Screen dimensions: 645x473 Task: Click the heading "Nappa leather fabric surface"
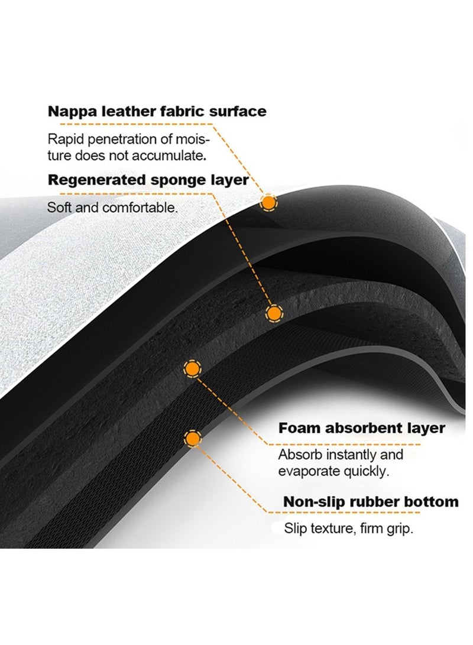tap(157, 111)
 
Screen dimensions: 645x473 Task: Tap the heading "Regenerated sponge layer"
tap(148, 180)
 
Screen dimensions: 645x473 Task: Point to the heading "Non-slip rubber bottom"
tap(371, 502)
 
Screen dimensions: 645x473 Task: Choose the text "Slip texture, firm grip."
tap(348, 528)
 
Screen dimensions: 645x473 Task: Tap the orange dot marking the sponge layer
tap(273, 313)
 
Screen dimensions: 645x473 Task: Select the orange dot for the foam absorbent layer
tap(191, 369)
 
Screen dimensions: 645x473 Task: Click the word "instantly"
tap(354, 455)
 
